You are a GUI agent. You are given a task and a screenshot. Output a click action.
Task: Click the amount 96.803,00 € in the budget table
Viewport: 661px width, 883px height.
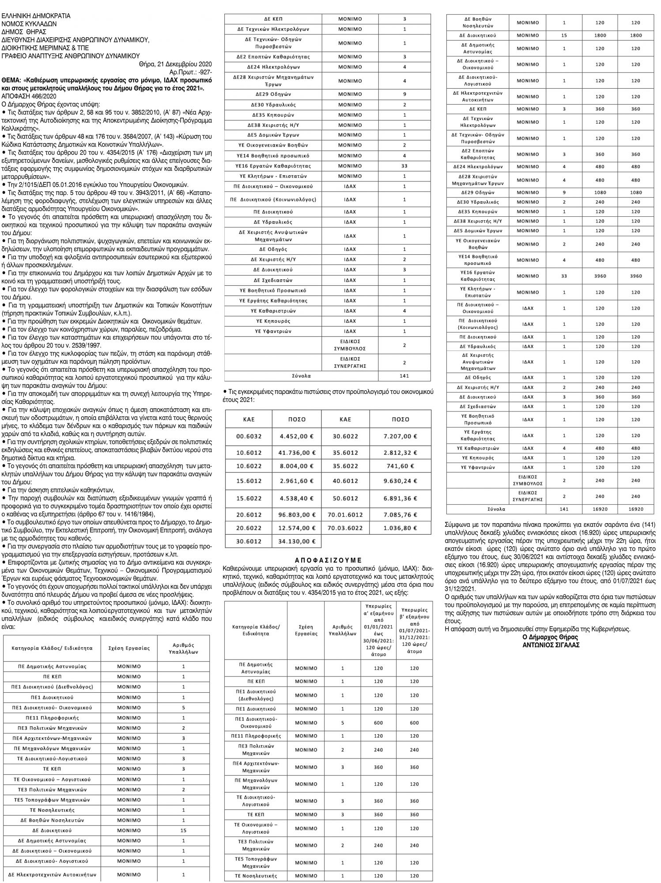[x=298, y=514]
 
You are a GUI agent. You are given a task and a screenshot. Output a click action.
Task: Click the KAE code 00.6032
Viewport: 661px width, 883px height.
[x=249, y=436]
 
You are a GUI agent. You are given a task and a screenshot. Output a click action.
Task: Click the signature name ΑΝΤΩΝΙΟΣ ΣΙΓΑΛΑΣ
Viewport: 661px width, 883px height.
[x=550, y=644]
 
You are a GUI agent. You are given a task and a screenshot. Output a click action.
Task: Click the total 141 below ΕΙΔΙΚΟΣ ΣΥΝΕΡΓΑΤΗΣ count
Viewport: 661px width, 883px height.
[x=404, y=376]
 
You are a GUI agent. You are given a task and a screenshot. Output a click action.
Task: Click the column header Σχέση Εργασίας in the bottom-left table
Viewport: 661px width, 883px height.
[x=129, y=648]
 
